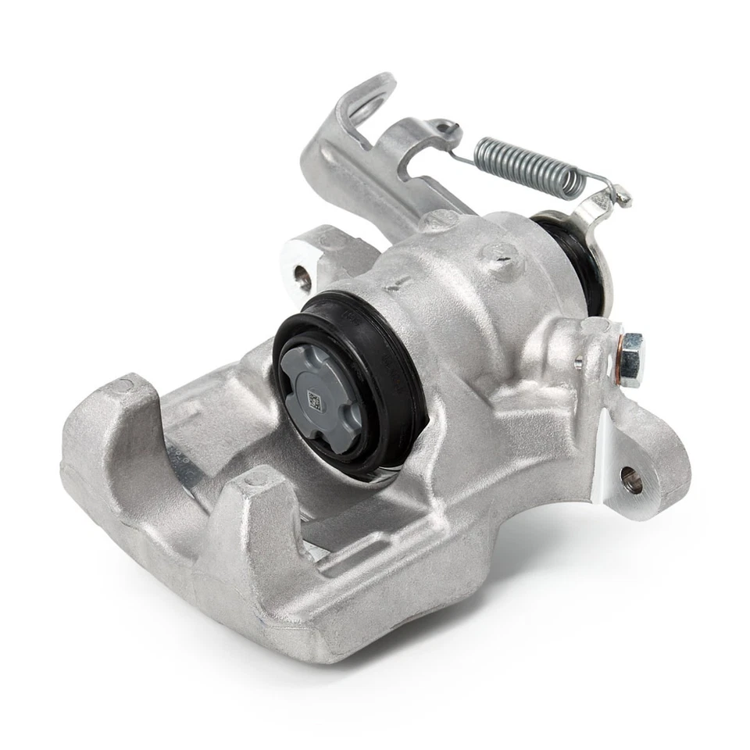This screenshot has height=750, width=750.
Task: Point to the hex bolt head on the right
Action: tap(631, 360)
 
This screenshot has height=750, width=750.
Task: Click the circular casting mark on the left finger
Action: tap(123, 385)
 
